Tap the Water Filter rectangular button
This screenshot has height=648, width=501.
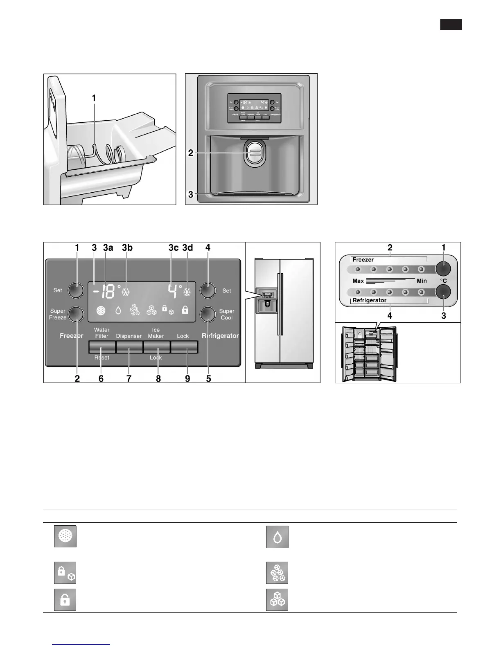pyautogui.click(x=102, y=347)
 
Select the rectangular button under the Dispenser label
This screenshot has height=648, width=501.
pyautogui.click(x=129, y=347)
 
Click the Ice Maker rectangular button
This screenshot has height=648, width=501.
pyautogui.click(x=156, y=347)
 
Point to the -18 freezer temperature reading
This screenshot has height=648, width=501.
pyautogui.click(x=102, y=291)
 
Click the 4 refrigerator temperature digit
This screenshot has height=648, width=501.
pyautogui.click(x=173, y=291)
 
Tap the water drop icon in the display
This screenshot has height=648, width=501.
pyautogui.click(x=118, y=311)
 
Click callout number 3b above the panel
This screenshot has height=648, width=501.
pyautogui.click(x=127, y=248)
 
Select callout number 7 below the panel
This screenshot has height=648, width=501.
pyautogui.click(x=129, y=378)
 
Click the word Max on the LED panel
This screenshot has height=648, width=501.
pyautogui.click(x=358, y=281)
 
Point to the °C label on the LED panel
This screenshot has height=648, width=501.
pyautogui.click(x=443, y=281)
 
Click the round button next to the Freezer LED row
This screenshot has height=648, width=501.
pyautogui.click(x=443, y=268)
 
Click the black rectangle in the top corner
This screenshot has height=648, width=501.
pyautogui.click(x=451, y=25)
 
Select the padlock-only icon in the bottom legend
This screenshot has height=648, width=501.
pyautogui.click(x=65, y=600)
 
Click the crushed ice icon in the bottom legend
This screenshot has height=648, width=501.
pyautogui.click(x=277, y=573)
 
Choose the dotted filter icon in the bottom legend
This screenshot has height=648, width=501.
pyautogui.click(x=65, y=536)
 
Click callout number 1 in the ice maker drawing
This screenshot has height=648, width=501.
pyautogui.click(x=94, y=98)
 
